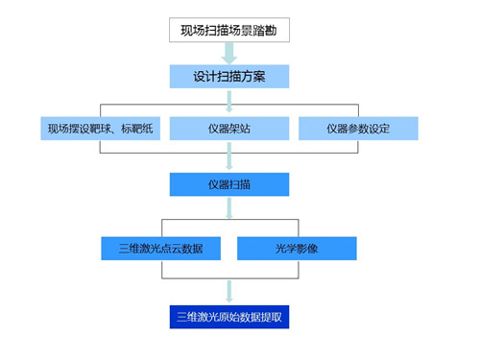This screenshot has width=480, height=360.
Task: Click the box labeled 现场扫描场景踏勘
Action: click(x=228, y=30)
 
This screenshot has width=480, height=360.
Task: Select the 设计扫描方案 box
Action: click(x=228, y=76)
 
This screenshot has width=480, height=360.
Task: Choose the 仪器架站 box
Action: click(x=228, y=128)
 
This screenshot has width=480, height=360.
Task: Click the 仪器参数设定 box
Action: click(x=357, y=128)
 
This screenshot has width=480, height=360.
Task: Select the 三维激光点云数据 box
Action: click(x=161, y=248)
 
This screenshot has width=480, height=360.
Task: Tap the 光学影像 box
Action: click(x=297, y=248)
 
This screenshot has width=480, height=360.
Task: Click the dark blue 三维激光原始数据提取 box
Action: click(x=228, y=316)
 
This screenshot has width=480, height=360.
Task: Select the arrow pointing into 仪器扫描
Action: click(x=228, y=160)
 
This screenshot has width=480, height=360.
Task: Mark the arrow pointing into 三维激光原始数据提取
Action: click(x=228, y=291)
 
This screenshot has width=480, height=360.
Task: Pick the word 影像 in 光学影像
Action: click(x=308, y=248)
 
